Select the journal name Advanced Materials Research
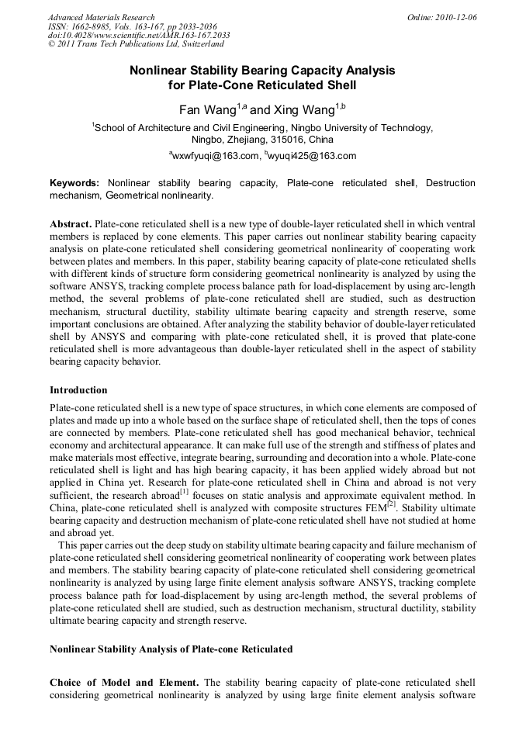click(101, 16)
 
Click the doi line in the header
click(139, 35)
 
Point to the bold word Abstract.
click(71, 223)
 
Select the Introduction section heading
click(78, 389)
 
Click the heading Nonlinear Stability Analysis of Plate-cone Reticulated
click(171, 648)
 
